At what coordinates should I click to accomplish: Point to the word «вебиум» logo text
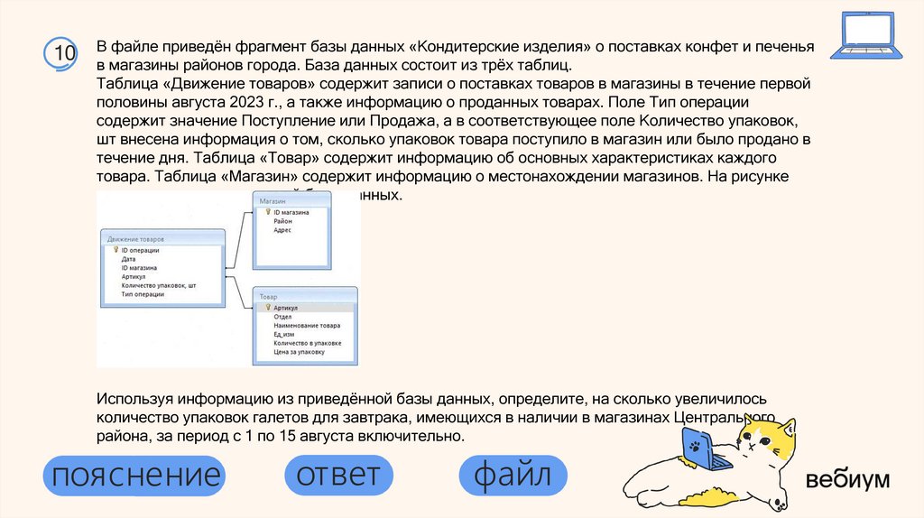point(847,479)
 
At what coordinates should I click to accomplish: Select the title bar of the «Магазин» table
point(294,199)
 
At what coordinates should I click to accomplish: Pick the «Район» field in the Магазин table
point(283,221)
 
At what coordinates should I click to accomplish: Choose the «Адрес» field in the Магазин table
point(283,230)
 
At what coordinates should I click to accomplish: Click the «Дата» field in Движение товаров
point(128,259)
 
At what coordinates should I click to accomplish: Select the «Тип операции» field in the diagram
point(143,294)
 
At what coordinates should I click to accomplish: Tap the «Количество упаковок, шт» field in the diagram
point(158,285)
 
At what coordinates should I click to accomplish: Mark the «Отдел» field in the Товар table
point(282,317)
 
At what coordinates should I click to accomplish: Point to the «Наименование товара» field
point(307,325)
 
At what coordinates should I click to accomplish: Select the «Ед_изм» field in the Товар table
point(284,334)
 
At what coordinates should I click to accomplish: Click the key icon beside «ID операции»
point(115,250)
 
